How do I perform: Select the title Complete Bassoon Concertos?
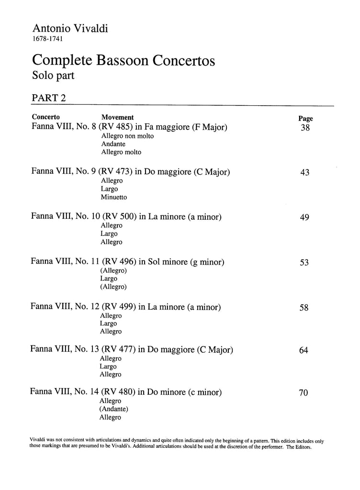pos(123,61)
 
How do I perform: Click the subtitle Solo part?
pos(54,75)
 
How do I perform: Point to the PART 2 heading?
pos(48,98)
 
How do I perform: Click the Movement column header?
pos(117,117)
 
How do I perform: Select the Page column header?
pos(305,119)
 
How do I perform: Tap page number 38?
pos(305,128)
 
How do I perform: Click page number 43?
pos(304,173)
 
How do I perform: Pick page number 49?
pos(304,218)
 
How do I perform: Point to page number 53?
pos(304,263)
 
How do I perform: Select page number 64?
pos(304,351)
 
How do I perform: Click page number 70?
pos(304,393)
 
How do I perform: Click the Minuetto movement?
pos(114,197)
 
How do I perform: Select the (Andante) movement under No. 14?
pos(114,409)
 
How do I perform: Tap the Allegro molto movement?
pos(121,152)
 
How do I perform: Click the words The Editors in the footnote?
pos(300,446)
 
